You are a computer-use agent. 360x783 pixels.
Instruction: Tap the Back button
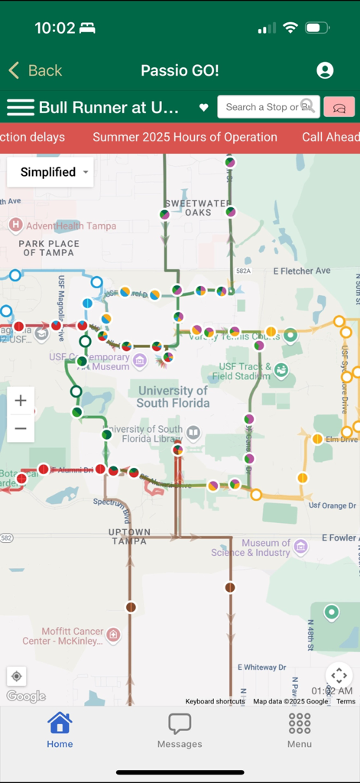pyautogui.click(x=35, y=71)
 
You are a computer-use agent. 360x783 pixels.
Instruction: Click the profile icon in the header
pyautogui.click(x=325, y=70)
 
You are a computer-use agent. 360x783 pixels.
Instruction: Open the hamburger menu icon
pyautogui.click(x=21, y=108)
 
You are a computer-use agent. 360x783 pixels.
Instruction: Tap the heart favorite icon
pyautogui.click(x=203, y=108)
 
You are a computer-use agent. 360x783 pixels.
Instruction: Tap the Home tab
pyautogui.click(x=60, y=729)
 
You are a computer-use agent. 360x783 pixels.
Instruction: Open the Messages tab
pyautogui.click(x=180, y=729)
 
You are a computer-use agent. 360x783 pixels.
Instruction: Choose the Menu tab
pyautogui.click(x=300, y=729)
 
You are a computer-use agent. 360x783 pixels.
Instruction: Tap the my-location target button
pyautogui.click(x=17, y=676)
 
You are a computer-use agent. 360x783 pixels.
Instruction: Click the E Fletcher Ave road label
pyautogui.click(x=294, y=271)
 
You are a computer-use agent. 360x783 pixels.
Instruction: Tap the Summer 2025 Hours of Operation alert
pyautogui.click(x=185, y=138)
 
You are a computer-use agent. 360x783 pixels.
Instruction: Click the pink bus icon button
pyautogui.click(x=339, y=107)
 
